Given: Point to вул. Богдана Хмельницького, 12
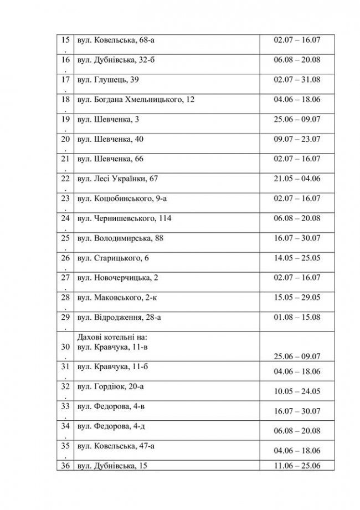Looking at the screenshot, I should coord(136,100).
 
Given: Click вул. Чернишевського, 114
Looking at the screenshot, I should coord(125,218).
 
